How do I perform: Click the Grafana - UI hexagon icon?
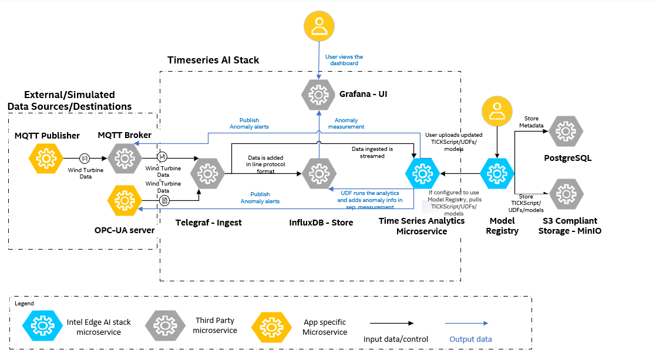(x=318, y=93)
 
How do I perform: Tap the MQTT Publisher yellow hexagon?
(x=45, y=157)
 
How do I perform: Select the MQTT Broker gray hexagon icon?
(x=125, y=157)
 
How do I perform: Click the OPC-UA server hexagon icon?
(x=125, y=201)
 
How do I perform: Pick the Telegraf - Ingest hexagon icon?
(x=208, y=173)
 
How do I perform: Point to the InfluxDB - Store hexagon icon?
(x=318, y=173)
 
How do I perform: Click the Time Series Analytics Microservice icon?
(x=422, y=173)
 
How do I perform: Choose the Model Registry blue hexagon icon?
(x=497, y=173)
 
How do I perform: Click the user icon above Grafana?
(x=319, y=27)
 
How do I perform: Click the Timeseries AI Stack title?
(x=213, y=60)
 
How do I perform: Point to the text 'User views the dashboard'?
(x=344, y=60)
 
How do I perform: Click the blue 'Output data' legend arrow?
(x=467, y=323)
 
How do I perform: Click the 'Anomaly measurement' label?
(x=346, y=123)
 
